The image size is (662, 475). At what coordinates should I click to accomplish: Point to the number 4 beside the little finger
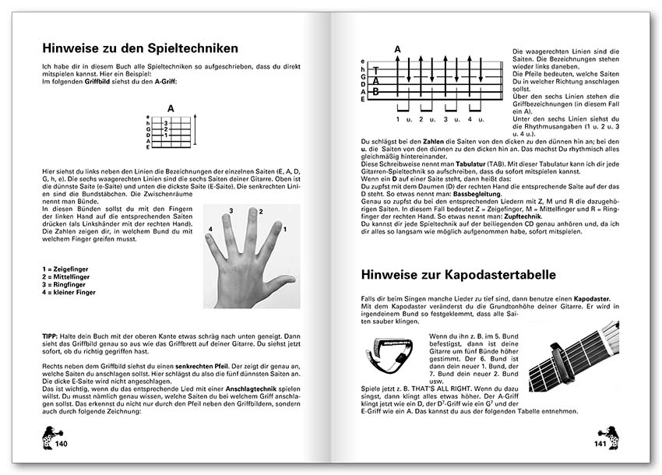210,228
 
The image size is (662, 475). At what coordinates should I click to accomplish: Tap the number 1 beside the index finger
285,228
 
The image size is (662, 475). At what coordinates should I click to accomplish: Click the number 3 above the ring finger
231,211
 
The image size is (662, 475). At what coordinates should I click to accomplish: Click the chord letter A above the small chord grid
171,110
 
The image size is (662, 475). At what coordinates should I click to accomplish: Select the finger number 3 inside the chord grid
165,122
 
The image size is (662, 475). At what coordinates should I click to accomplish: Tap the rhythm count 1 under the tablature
398,119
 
